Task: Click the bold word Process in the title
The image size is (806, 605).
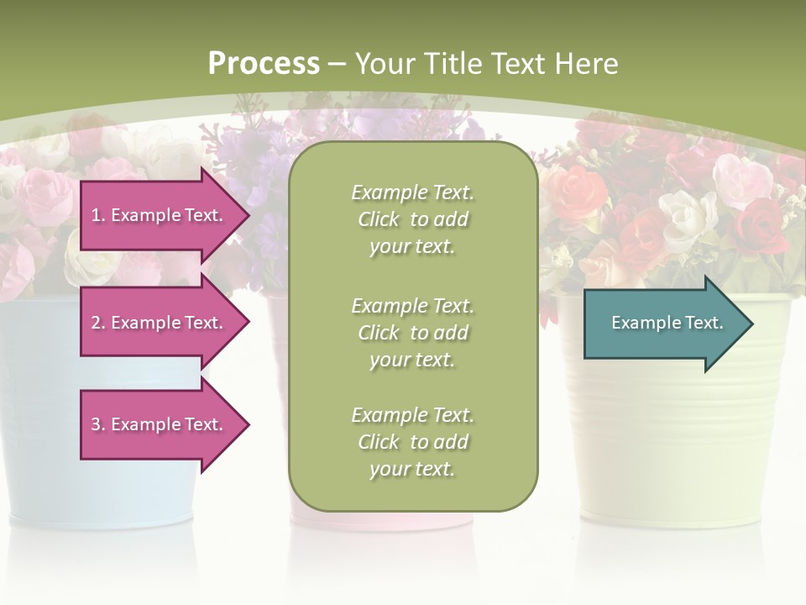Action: point(264,64)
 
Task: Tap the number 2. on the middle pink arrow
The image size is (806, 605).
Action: point(98,323)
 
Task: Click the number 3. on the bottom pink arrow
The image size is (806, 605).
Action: point(98,424)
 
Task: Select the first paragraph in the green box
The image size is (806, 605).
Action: point(412,219)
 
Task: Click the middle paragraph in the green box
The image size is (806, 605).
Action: point(412,332)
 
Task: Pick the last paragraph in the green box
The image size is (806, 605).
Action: point(412,442)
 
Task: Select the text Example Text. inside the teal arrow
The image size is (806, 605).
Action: point(667,324)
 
